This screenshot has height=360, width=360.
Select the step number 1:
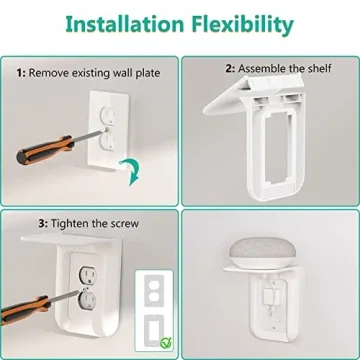21,73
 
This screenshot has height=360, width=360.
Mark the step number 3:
21,223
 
